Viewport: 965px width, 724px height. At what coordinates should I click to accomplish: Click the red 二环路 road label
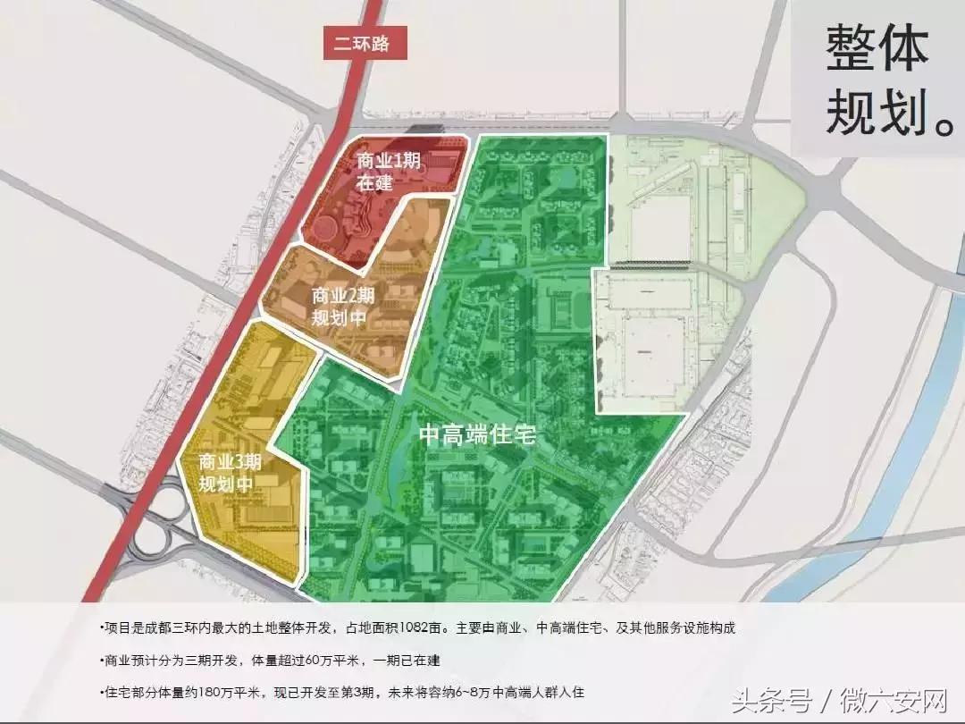(x=363, y=44)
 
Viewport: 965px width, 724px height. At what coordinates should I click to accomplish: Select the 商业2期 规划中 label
(x=343, y=306)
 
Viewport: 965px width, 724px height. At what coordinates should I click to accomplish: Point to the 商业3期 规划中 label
(x=230, y=473)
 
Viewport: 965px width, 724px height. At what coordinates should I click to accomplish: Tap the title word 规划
(x=864, y=112)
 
